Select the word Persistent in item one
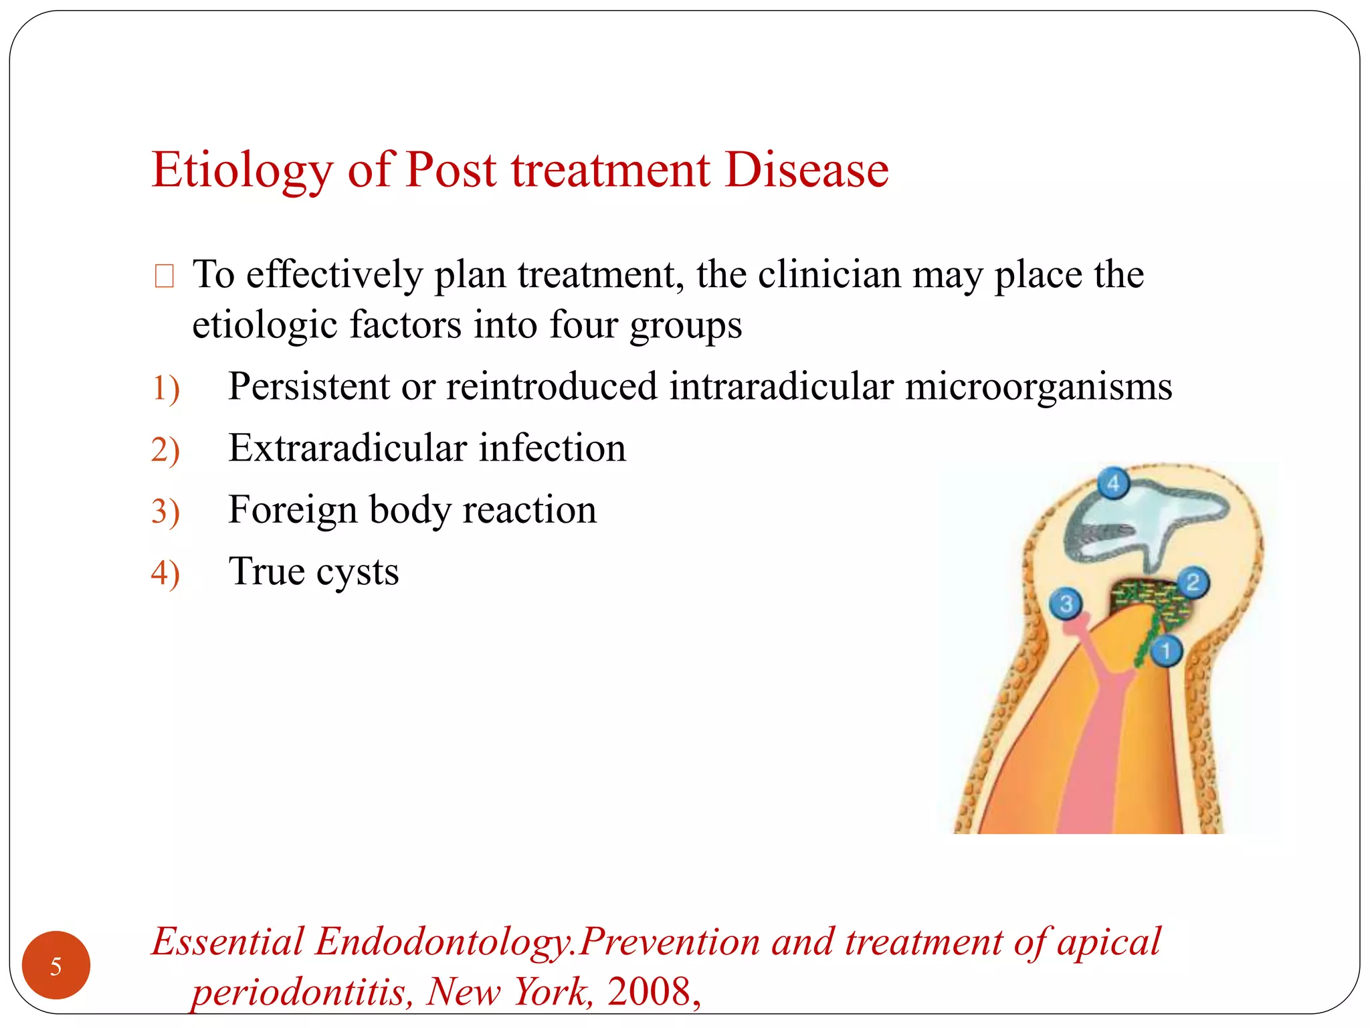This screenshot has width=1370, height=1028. pyautogui.click(x=308, y=387)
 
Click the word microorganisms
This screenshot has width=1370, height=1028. pyautogui.click(x=1038, y=387)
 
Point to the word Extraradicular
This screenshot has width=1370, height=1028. pyautogui.click(x=347, y=448)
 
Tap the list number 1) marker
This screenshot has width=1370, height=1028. pyautogui.click(x=165, y=389)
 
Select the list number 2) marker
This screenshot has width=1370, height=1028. pyautogui.click(x=165, y=450)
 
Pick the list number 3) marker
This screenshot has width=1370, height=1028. pyautogui.click(x=165, y=512)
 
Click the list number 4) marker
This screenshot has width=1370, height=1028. pyautogui.click(x=165, y=574)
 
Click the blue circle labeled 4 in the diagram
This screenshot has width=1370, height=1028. pyautogui.click(x=1113, y=483)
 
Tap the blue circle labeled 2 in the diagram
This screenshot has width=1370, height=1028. pyautogui.click(x=1193, y=582)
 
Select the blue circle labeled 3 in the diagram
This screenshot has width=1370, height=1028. pyautogui.click(x=1066, y=604)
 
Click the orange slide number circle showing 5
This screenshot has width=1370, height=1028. pyautogui.click(x=56, y=965)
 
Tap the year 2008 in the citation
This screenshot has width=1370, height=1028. pyautogui.click(x=649, y=991)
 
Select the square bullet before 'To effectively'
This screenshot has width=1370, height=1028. pyautogui.click(x=164, y=276)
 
